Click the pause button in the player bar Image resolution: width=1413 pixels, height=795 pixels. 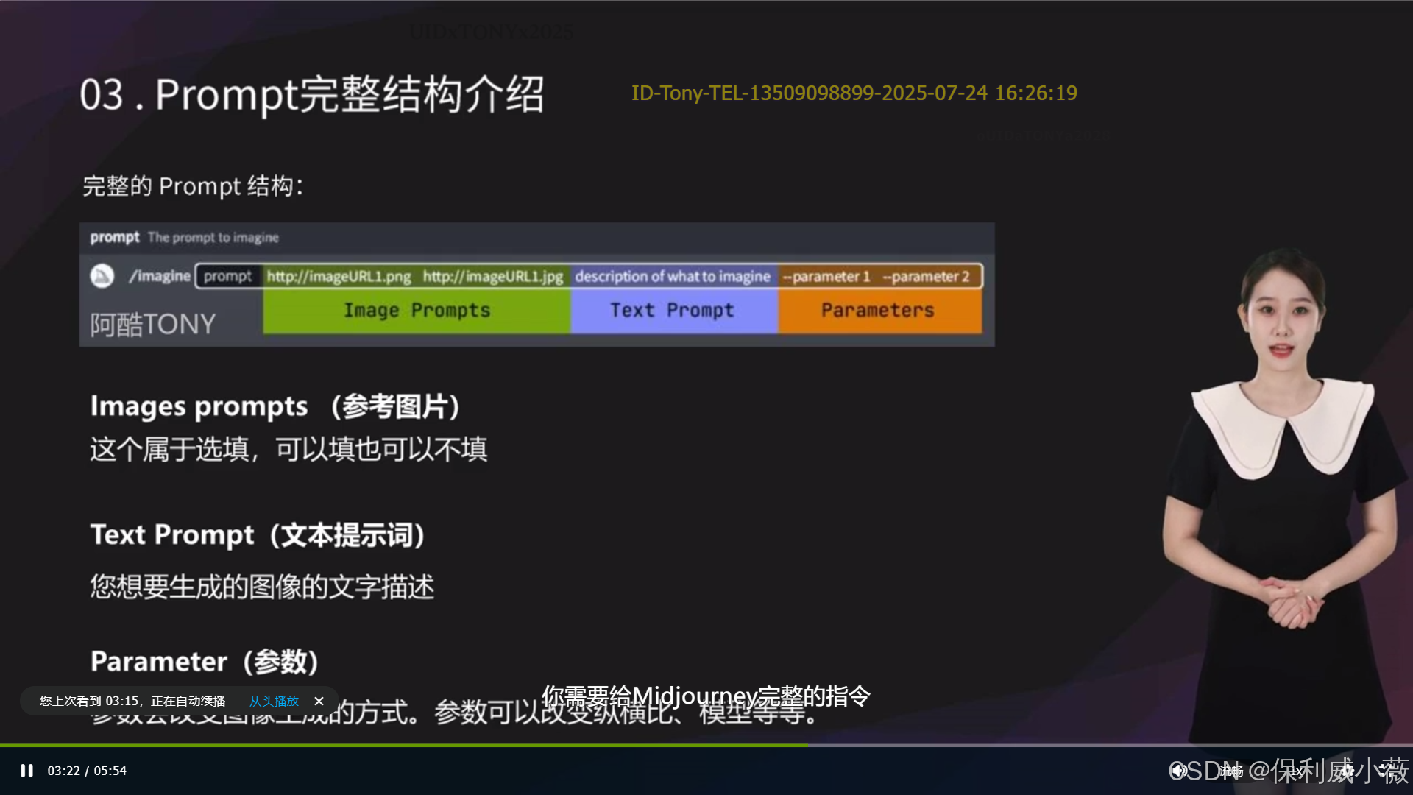click(27, 771)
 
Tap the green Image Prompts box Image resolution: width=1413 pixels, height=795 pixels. click(417, 311)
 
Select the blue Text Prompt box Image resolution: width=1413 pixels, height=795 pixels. click(672, 311)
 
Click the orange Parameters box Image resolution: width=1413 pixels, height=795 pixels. click(878, 311)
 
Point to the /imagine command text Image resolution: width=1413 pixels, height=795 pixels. click(160, 276)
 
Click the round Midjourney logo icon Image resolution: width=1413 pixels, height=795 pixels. click(102, 276)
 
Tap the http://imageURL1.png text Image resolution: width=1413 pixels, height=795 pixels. click(339, 276)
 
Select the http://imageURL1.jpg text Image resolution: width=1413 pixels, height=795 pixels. click(492, 276)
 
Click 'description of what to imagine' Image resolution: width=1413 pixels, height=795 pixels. click(673, 276)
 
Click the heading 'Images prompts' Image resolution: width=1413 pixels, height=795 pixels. click(199, 406)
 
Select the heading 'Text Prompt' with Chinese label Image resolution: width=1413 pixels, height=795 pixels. click(258, 534)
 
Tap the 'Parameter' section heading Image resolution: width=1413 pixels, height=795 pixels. click(204, 661)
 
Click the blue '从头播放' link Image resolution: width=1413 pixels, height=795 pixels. click(274, 701)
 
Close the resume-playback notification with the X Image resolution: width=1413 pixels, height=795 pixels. click(319, 701)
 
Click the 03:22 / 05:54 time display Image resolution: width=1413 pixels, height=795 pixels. click(87, 771)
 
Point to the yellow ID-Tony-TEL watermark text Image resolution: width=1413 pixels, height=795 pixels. click(854, 93)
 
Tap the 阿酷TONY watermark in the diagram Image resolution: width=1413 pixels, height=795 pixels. click(153, 325)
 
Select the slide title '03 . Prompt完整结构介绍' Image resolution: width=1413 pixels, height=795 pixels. click(312, 95)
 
